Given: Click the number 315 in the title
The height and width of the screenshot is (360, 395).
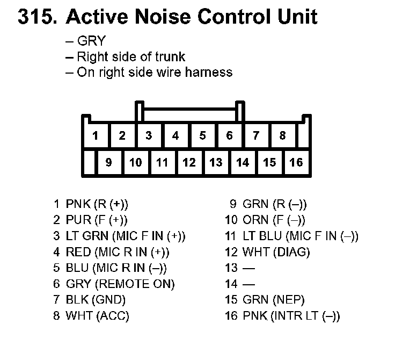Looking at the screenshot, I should click(36, 17).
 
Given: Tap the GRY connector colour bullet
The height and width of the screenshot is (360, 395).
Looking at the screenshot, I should click(91, 41).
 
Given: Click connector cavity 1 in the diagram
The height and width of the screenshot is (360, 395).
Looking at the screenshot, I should click(96, 135).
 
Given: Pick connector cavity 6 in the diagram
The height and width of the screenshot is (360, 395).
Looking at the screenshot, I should click(229, 135).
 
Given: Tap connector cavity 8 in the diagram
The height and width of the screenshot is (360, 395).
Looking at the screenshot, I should click(283, 135).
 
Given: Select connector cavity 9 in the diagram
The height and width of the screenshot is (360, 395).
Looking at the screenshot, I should click(109, 162).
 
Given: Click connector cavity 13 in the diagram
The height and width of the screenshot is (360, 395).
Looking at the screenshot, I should click(216, 162).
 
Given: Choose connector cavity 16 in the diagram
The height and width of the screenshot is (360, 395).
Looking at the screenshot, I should click(296, 162).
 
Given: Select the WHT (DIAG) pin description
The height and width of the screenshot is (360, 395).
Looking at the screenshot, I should click(276, 252).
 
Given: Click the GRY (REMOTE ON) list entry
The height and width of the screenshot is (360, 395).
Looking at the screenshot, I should click(120, 284).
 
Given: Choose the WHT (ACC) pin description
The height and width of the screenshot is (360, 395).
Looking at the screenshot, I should click(97, 316).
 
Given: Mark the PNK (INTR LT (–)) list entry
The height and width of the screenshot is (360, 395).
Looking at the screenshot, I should click(291, 316).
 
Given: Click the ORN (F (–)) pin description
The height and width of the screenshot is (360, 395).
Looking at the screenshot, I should click(274, 220).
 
